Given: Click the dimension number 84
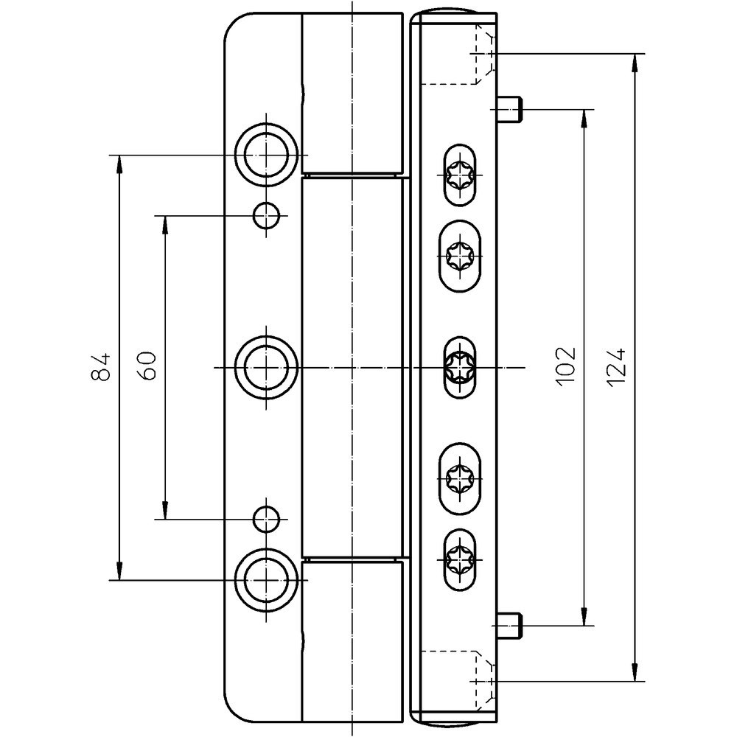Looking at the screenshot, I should [x=102, y=366].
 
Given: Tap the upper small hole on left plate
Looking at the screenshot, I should [x=265, y=215].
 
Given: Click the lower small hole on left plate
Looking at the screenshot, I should [x=265, y=519].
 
